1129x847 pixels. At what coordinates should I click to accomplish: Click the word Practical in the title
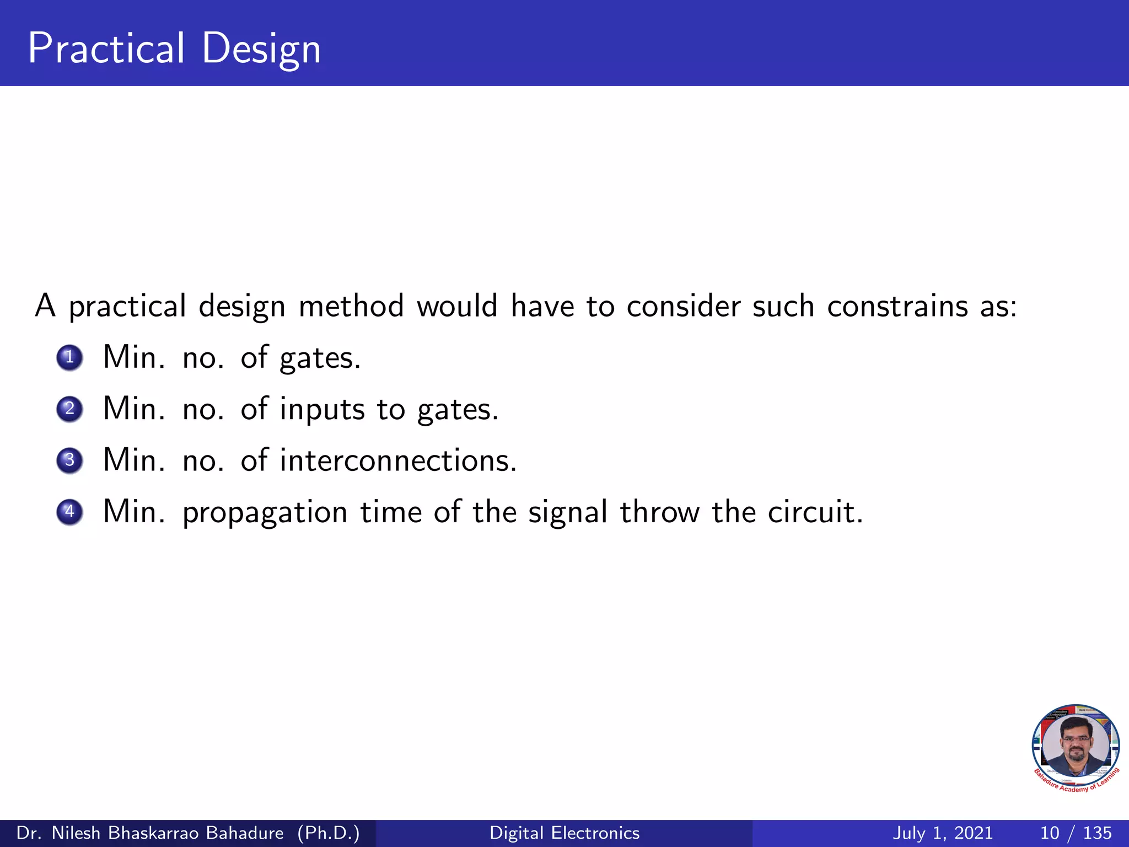(x=106, y=49)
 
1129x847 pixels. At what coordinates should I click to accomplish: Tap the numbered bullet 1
(x=69, y=357)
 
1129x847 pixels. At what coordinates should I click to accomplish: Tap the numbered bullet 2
(x=69, y=409)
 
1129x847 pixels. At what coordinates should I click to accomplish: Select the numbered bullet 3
(x=69, y=460)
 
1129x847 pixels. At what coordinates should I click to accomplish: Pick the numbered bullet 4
(x=69, y=511)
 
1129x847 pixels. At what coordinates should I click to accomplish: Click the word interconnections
(x=398, y=460)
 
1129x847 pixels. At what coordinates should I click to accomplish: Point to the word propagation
(x=265, y=513)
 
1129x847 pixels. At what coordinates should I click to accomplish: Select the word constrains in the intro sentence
(x=897, y=306)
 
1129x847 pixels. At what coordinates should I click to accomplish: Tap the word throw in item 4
(x=659, y=512)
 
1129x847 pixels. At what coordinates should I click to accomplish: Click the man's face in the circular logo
(x=1075, y=746)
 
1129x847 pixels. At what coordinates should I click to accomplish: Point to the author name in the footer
(x=150, y=833)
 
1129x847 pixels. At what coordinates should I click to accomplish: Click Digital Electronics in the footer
(x=564, y=833)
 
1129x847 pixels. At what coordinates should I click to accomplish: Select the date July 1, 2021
(x=942, y=833)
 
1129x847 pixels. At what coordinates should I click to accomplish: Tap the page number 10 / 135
(x=1076, y=833)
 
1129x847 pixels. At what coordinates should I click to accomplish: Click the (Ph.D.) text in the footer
(x=329, y=833)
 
